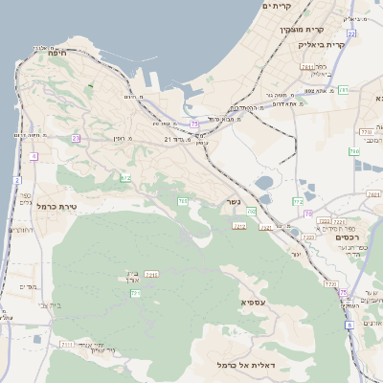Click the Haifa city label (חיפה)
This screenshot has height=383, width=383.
click(55, 54)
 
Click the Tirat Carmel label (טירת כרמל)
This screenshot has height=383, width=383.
click(56, 206)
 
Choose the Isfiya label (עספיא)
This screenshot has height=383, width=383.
click(249, 302)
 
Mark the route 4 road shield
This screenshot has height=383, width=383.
click(34, 155)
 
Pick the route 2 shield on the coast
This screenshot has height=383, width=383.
click(17, 180)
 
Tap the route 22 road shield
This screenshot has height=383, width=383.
click(351, 34)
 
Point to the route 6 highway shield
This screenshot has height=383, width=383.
click(349, 326)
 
